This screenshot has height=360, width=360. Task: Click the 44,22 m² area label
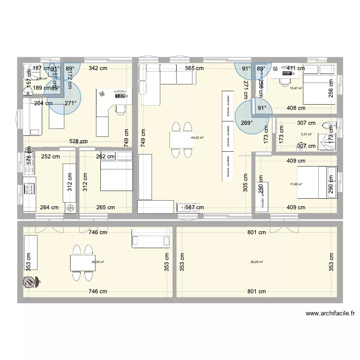197,138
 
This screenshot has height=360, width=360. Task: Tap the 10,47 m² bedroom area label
295,88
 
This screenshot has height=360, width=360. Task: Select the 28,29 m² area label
257,262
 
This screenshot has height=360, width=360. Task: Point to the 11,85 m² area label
296,184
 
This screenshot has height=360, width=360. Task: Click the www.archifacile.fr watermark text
330,314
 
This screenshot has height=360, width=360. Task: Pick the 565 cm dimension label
194,69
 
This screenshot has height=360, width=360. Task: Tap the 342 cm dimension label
97,69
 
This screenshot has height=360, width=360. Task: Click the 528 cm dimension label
78,142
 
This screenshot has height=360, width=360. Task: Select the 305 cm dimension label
245,183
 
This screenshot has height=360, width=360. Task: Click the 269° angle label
246,122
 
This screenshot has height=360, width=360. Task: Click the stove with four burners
28,186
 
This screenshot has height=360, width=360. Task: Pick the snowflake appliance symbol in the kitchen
70,208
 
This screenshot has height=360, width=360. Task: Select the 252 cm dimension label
50,156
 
